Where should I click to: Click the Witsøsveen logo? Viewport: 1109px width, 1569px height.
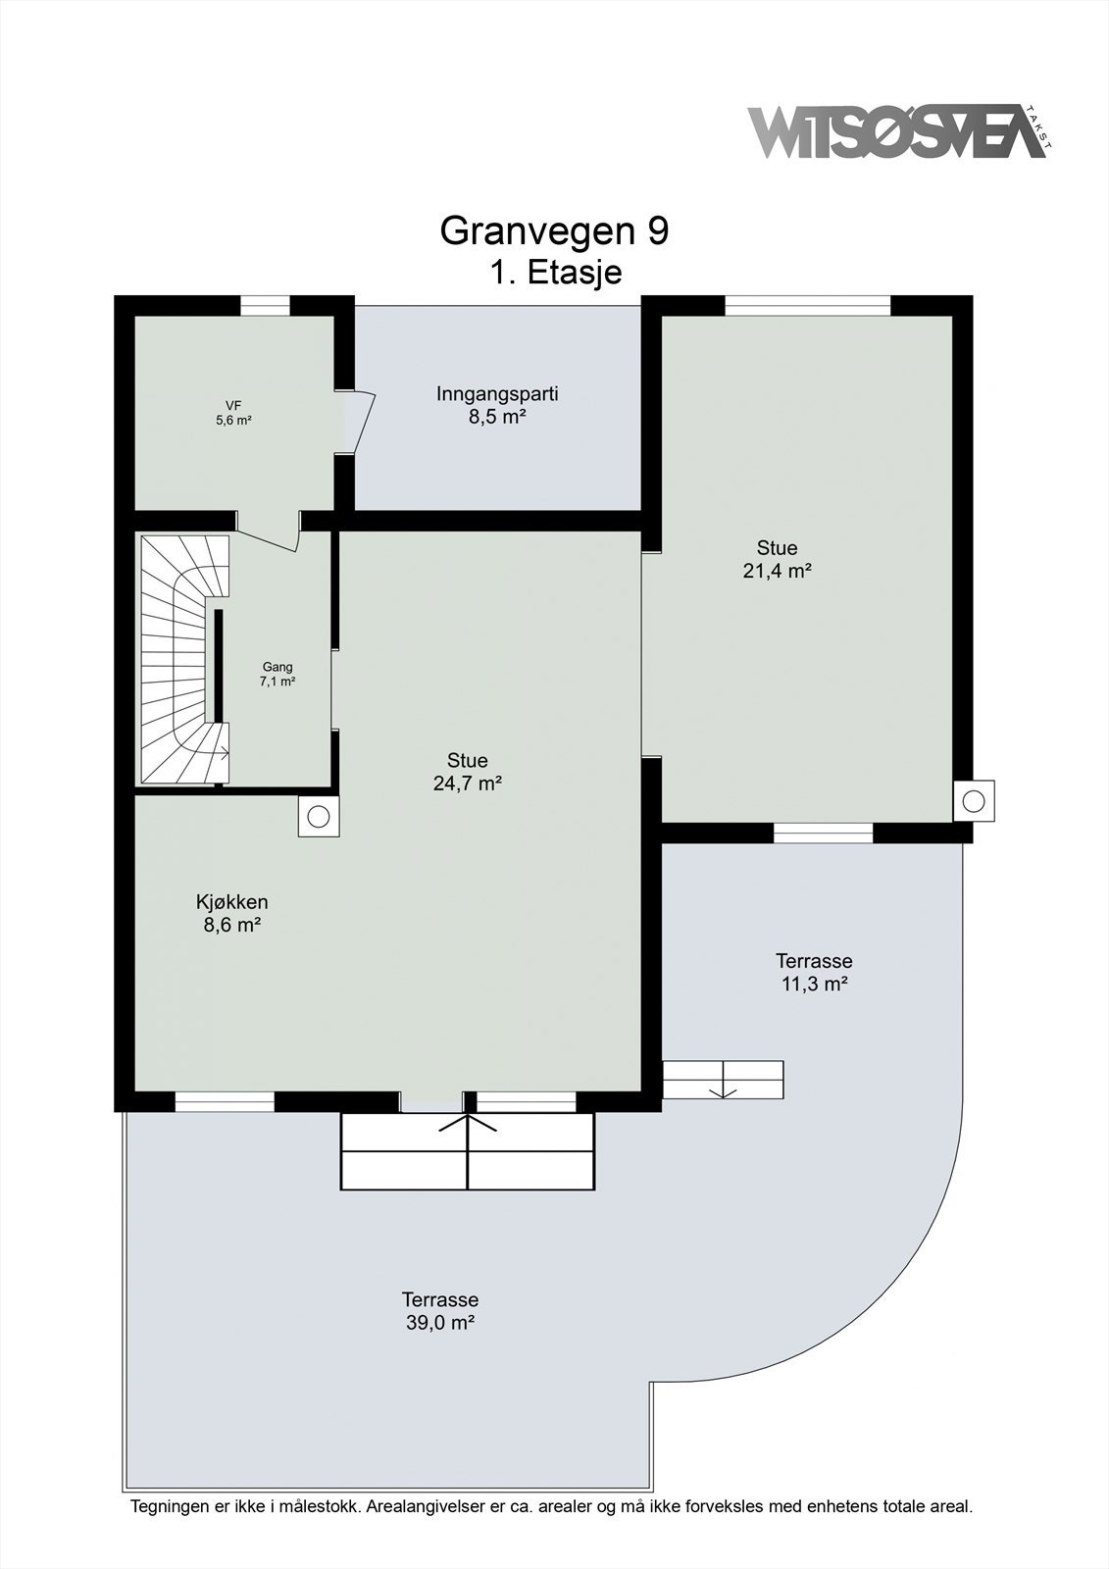tap(897, 132)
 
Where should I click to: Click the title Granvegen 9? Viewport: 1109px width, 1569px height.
tap(554, 231)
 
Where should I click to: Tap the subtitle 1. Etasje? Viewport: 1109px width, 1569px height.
tap(555, 272)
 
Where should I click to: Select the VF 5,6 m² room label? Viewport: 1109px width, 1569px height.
tap(233, 413)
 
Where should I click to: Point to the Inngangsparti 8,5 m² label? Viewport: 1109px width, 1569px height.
tap(497, 405)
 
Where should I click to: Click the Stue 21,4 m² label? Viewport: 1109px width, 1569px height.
tap(777, 559)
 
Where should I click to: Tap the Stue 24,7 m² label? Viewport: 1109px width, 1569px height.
tap(467, 772)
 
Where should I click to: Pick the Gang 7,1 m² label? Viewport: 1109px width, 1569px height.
tap(277, 674)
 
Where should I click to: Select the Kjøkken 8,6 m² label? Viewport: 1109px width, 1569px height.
tap(231, 913)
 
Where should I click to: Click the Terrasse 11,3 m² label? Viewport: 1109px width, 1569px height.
tap(814, 972)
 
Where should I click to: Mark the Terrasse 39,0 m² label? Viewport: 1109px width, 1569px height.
tap(440, 1310)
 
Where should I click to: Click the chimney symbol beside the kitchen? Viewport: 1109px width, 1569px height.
tap(319, 816)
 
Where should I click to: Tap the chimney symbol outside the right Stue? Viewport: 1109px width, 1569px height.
tap(974, 801)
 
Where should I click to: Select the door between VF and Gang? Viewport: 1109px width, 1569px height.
tap(269, 534)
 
